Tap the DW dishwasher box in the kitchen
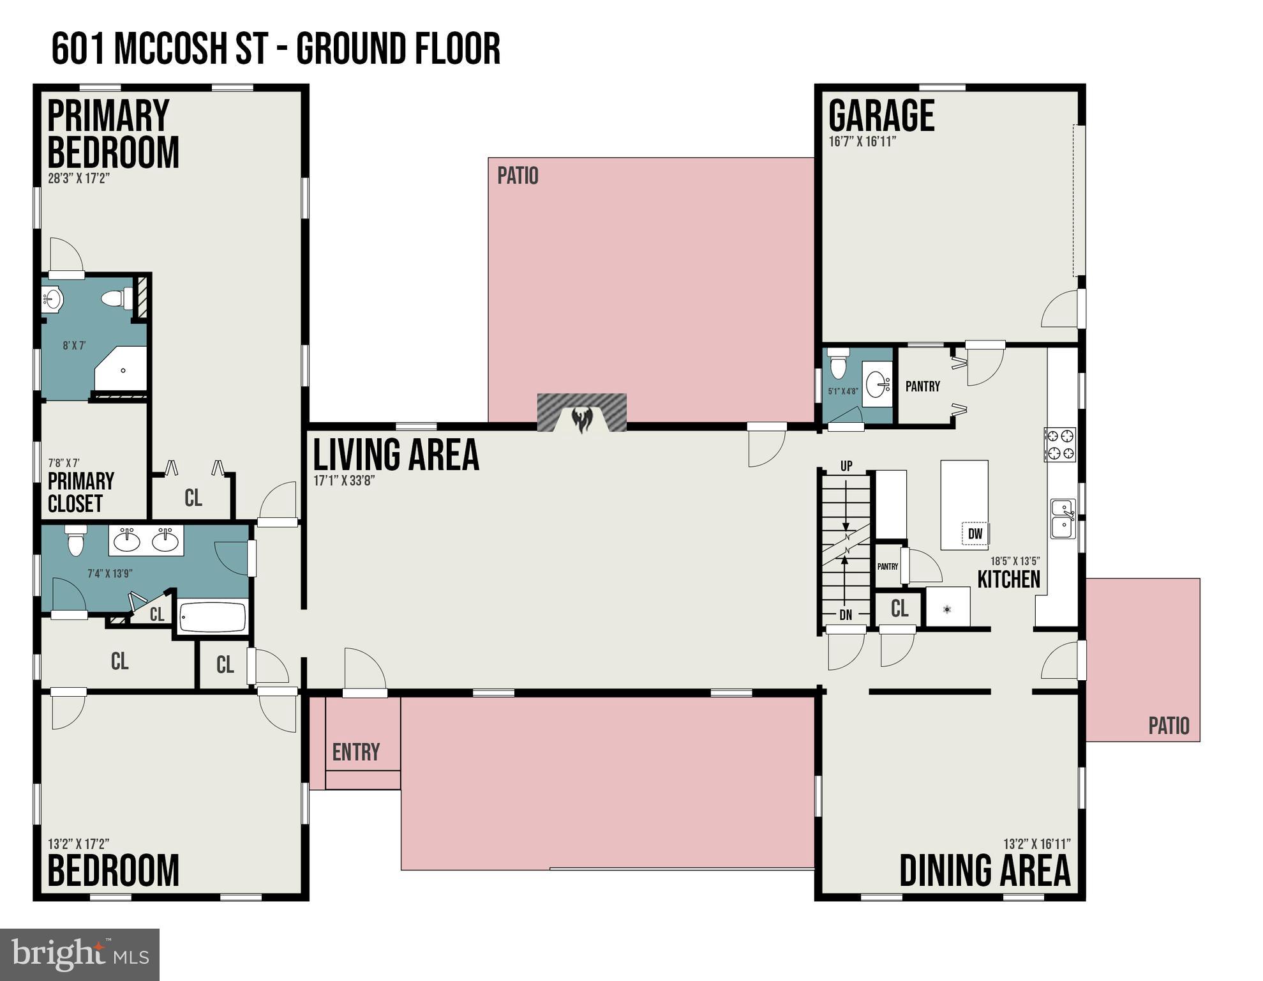point(975,534)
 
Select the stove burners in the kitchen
point(1060,445)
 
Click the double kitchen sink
point(1063,519)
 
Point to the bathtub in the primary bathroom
point(213,616)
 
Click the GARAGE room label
point(881,116)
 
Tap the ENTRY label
point(356,752)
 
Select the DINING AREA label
point(985,870)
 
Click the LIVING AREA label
point(396,455)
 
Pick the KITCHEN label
point(1008,579)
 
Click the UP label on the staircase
point(846,466)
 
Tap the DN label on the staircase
point(846,616)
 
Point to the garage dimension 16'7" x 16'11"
point(862,142)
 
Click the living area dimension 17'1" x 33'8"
point(344,481)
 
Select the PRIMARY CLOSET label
point(80,492)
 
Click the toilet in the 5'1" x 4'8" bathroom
point(838,363)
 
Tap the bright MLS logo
point(80,954)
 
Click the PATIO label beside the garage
point(518,176)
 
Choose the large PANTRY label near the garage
point(923,386)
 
